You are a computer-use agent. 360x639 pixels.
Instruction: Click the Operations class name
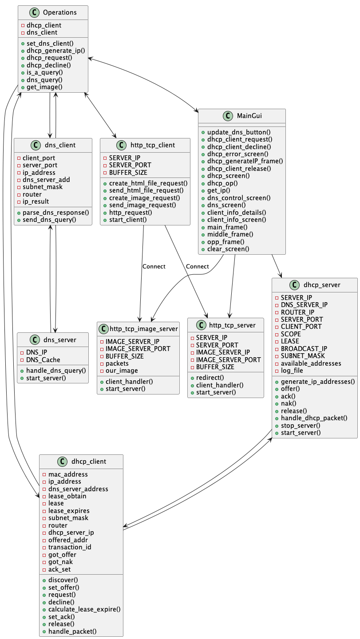(59, 12)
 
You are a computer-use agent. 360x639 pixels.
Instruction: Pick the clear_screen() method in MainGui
(228, 249)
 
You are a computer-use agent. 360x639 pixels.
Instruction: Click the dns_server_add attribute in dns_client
(46, 180)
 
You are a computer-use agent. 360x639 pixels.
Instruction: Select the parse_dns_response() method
(55, 212)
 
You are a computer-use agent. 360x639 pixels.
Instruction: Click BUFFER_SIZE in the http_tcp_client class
(128, 172)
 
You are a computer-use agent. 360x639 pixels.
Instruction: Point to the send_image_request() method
(142, 205)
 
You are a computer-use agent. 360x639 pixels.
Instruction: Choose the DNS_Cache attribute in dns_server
(43, 359)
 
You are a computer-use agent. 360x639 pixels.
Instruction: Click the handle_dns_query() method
(55, 371)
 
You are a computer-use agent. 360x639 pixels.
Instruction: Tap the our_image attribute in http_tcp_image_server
(122, 370)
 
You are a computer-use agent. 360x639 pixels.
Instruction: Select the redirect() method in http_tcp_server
(210, 378)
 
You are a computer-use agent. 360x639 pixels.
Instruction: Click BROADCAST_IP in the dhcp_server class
(304, 348)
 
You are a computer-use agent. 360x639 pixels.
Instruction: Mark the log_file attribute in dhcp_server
(292, 370)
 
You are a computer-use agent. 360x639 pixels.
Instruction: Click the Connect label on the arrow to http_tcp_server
(198, 266)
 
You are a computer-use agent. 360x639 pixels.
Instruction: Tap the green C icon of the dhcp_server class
(294, 285)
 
